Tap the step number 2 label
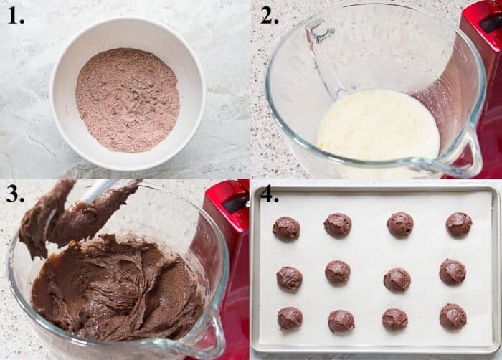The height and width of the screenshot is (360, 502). [x=269, y=16]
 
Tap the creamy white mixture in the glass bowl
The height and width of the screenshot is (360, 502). [x=376, y=129]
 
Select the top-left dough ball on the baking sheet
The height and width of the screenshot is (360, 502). [x=285, y=228]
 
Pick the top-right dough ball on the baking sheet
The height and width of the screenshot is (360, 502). [x=459, y=224]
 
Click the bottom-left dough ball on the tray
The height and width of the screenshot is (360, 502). [x=289, y=318]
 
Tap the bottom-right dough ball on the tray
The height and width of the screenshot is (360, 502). [x=453, y=316]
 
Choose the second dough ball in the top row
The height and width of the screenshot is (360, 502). [x=337, y=225]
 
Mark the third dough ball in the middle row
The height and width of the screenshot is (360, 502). [x=397, y=280]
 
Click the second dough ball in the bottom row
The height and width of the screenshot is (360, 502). [x=341, y=321]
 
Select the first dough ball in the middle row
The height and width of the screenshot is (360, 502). [x=289, y=278]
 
